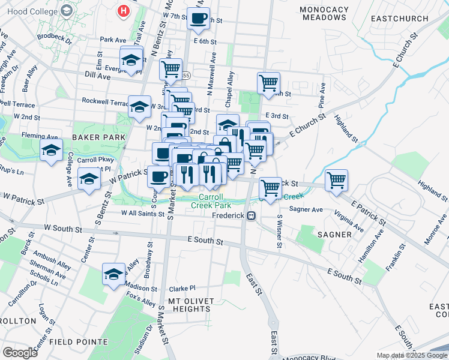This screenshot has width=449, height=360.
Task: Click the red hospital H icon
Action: [124, 11]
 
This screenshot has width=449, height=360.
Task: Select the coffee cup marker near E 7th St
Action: [198, 18]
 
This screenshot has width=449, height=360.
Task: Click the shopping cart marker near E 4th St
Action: [268, 82]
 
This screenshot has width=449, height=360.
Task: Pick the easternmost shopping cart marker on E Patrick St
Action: [336, 179]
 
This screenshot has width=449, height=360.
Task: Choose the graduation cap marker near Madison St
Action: [113, 274]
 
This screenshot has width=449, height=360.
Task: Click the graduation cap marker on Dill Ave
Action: [131, 59]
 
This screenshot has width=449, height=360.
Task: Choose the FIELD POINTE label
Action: [75, 341]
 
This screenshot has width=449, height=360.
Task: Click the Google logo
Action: [20, 352]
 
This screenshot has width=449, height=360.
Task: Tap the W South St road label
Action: [63, 229]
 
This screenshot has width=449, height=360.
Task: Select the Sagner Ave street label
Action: [306, 209]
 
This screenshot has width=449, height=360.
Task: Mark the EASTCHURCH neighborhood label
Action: [399, 19]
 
